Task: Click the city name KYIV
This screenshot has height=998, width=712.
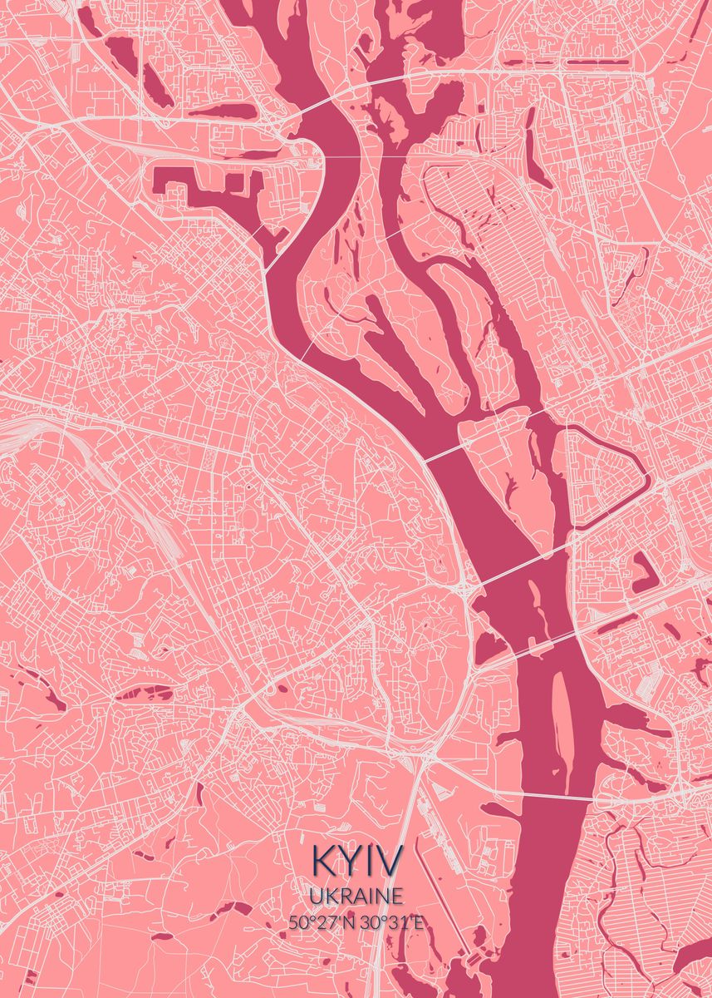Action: coord(357,862)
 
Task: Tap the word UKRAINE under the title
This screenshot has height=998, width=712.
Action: coord(357,896)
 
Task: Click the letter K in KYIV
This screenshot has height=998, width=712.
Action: coord(322,862)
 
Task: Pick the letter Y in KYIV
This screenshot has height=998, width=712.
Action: coord(348,862)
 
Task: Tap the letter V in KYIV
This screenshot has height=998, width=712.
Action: coord(390,862)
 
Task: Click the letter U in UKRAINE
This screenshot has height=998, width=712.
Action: coord(316,896)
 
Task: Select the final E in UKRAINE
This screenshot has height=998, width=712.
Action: coord(398,896)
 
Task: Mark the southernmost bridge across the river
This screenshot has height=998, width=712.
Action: coord(573,798)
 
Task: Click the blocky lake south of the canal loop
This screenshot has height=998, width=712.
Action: coord(642,574)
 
